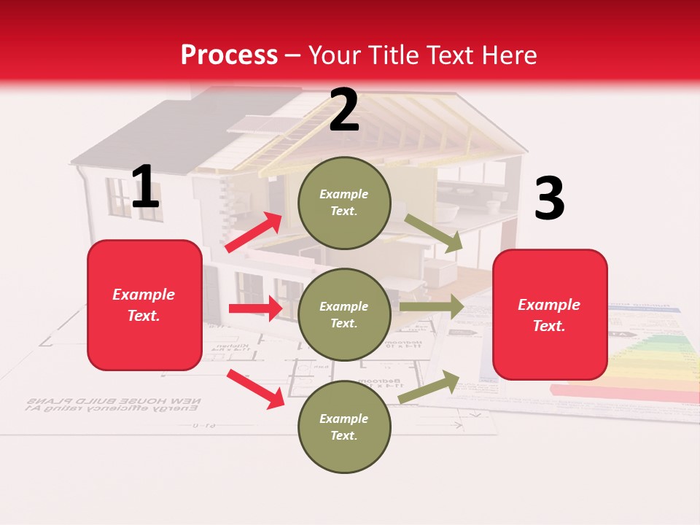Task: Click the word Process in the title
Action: tap(229, 55)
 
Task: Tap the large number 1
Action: tap(145, 187)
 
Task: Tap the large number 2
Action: tap(343, 110)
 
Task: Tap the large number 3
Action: tap(549, 199)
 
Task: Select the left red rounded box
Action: tap(144, 305)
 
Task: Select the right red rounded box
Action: tap(550, 315)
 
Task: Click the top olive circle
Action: tap(344, 203)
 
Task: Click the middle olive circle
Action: tap(344, 314)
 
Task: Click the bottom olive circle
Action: tap(344, 427)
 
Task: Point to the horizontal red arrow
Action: tap(255, 308)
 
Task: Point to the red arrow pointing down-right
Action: tap(255, 389)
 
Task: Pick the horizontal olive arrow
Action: tap(432, 307)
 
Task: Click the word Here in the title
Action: tap(510, 55)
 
